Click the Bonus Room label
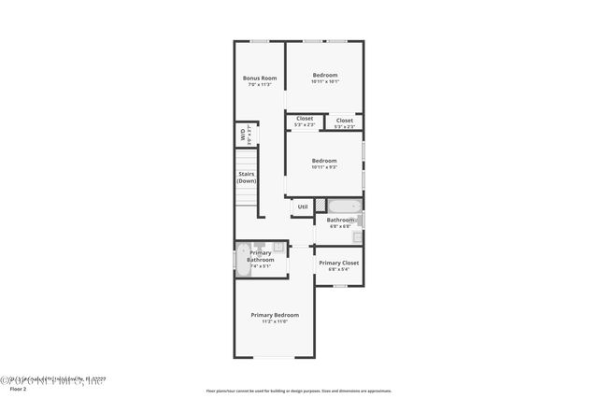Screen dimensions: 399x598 click(x=259, y=78)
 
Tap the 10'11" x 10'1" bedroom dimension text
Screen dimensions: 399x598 click(x=324, y=82)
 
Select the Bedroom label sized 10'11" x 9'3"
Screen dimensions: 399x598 click(x=324, y=161)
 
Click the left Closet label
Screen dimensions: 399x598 click(x=305, y=118)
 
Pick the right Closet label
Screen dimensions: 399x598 click(x=345, y=120)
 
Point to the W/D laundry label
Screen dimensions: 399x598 click(x=243, y=135)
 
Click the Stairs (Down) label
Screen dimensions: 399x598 click(x=246, y=178)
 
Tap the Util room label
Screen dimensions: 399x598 click(x=303, y=207)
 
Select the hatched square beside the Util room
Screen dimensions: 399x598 click(x=320, y=207)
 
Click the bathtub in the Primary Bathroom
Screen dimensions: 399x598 click(x=242, y=259)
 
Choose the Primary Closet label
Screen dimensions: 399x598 click(x=337, y=264)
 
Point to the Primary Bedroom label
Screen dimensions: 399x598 click(x=275, y=315)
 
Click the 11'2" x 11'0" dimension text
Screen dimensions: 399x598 click(x=275, y=322)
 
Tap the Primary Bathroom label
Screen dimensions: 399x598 click(x=261, y=256)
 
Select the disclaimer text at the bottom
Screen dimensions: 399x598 click(x=298, y=391)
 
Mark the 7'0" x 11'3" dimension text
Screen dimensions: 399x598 click(x=259, y=85)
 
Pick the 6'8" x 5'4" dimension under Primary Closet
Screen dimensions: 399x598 click(x=337, y=271)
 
